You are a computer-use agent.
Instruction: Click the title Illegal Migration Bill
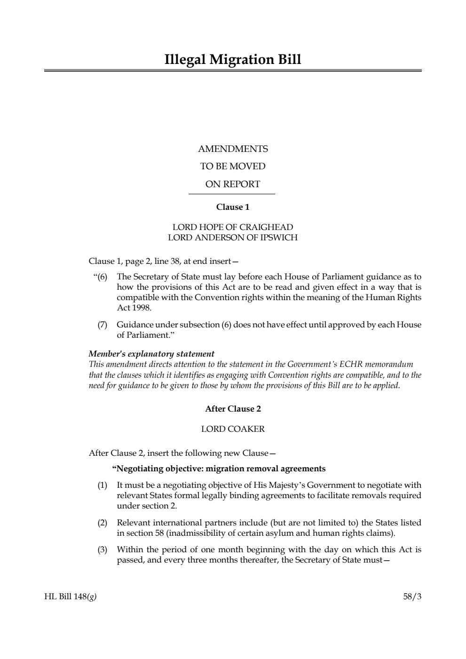pyautogui.click(x=233, y=60)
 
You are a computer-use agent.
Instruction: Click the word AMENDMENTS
pyautogui.click(x=233, y=149)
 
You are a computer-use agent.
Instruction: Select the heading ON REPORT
pyautogui.click(x=233, y=184)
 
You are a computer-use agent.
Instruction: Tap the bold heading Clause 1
pyautogui.click(x=233, y=207)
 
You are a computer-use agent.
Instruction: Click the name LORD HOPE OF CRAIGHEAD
pyautogui.click(x=233, y=227)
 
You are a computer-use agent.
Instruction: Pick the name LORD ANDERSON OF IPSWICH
pyautogui.click(x=233, y=238)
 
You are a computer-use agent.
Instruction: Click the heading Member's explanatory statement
pyautogui.click(x=151, y=354)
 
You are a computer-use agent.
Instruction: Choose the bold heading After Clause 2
pyautogui.click(x=233, y=409)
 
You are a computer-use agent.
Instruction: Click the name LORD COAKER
pyautogui.click(x=233, y=429)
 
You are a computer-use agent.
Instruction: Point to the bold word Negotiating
pyautogui.click(x=139, y=468)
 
